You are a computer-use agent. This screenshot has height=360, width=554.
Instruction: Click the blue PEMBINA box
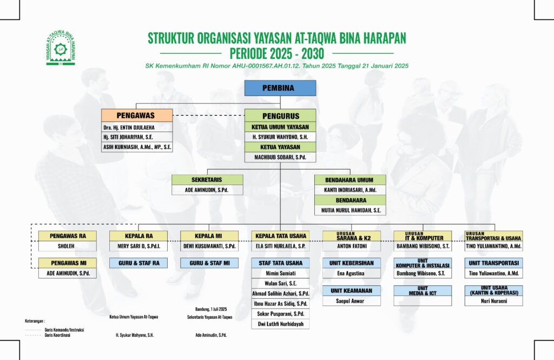click(x=280, y=88)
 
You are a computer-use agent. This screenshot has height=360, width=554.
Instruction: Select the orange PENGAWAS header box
click(x=137, y=115)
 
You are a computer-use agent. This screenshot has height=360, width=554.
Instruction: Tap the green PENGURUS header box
click(x=280, y=116)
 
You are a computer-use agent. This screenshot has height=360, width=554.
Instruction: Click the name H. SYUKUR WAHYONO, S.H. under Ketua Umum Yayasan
click(x=280, y=137)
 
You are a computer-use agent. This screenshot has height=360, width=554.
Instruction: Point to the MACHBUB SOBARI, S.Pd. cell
click(x=280, y=158)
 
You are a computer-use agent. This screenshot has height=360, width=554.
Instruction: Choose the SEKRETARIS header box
click(x=207, y=180)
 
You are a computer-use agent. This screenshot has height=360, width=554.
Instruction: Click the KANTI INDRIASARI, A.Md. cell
click(x=351, y=190)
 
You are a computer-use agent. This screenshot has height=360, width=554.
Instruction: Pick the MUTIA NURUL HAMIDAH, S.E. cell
click(x=351, y=210)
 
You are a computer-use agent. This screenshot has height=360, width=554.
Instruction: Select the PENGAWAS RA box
click(x=67, y=235)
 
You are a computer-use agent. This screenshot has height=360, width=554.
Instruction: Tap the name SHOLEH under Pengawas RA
click(x=67, y=246)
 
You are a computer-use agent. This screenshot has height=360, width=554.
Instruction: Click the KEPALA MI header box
click(x=209, y=235)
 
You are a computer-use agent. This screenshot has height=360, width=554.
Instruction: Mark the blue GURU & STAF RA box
click(x=138, y=263)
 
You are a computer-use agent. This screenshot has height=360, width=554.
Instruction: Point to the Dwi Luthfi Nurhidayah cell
click(x=280, y=324)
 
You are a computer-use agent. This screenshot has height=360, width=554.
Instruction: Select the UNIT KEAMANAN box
click(x=351, y=291)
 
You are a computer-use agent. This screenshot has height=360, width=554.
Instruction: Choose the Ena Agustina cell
click(x=351, y=273)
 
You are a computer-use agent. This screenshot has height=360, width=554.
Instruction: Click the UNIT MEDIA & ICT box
click(x=423, y=291)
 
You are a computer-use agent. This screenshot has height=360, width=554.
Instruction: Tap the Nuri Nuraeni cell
click(x=493, y=300)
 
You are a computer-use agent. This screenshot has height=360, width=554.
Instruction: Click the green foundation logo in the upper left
click(x=61, y=48)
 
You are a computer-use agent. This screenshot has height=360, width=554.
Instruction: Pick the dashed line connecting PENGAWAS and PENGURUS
click(x=208, y=115)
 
